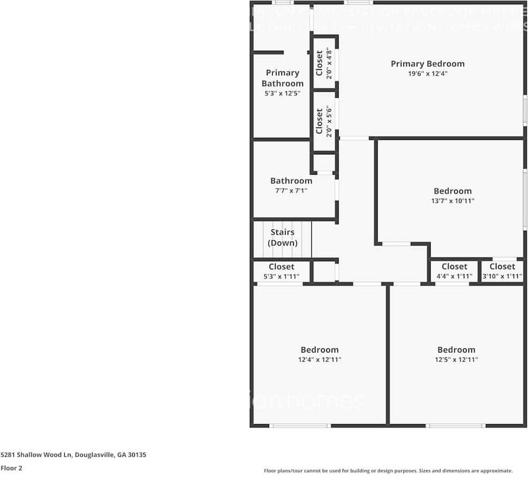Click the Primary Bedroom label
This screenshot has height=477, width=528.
point(427,64)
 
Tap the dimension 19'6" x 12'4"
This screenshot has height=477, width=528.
point(427,74)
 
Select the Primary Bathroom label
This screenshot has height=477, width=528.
point(282,78)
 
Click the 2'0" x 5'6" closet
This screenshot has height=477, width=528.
point(324,122)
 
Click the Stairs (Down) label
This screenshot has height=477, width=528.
point(282,238)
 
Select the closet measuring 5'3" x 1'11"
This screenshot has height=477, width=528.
point(281,271)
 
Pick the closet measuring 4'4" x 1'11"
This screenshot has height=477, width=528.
point(454,271)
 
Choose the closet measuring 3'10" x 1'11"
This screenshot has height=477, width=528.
point(502,271)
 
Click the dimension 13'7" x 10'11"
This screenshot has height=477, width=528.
point(453,201)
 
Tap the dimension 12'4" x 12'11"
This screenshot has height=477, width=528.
point(319,360)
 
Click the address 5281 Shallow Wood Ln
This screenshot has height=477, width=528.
point(73,455)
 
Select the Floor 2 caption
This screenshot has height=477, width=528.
point(11,468)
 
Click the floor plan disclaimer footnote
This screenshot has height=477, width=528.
point(388,471)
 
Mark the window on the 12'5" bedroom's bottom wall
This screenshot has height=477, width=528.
point(455,426)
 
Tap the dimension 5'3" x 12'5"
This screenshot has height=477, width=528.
point(282,93)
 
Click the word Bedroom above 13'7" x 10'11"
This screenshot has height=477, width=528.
point(453,191)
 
